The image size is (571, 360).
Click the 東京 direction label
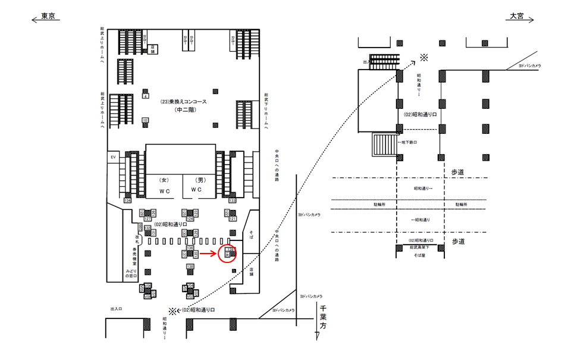coord(49,17)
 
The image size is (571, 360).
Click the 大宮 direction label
coord(516,17)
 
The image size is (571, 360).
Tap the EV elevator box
coord(112,157)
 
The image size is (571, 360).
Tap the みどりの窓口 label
coord(131,273)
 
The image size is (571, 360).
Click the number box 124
coord(190,219)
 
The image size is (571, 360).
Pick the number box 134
coord(127,201)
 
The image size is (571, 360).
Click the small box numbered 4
coord(146,96)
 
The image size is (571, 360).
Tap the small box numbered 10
coord(145,120)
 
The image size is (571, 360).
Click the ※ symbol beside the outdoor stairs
coord(424,57)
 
